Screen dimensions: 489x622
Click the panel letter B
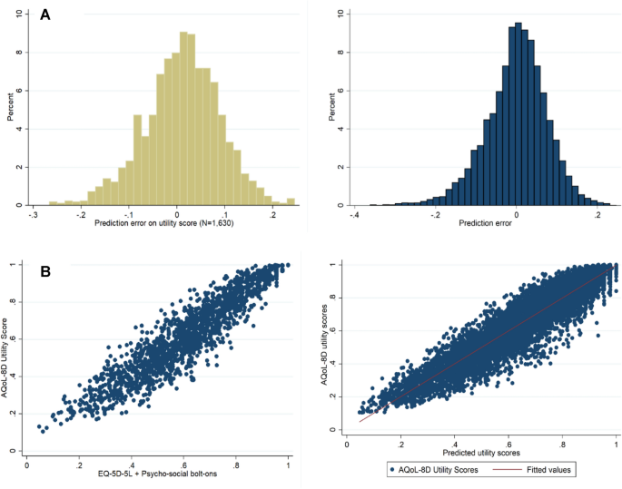44,270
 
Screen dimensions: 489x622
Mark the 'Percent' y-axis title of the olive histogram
8,109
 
